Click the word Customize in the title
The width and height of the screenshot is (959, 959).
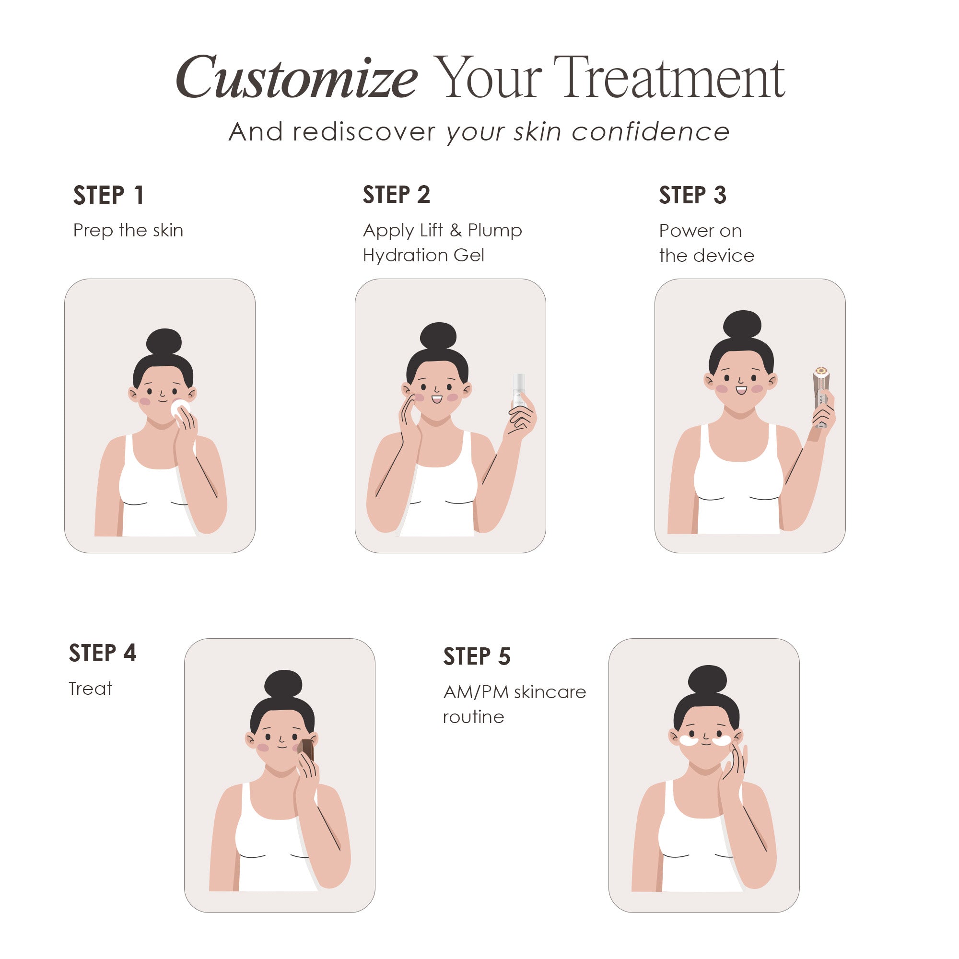point(296,79)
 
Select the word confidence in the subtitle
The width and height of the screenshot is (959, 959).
point(650,132)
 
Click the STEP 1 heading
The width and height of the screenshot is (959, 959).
point(109,195)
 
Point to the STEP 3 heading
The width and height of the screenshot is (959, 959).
point(692,195)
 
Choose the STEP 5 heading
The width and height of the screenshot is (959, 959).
point(477,656)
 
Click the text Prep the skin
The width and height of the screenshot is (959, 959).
point(128,230)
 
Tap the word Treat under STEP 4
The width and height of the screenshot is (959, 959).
point(90,689)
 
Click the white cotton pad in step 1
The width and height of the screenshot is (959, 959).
point(179,409)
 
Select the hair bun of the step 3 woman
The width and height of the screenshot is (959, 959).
point(742,325)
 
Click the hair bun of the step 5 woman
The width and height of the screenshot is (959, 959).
point(708,680)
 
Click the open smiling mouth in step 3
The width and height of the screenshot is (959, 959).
point(741,390)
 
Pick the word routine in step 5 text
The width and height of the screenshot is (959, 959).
point(473,717)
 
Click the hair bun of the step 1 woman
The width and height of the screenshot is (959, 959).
point(164,341)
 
